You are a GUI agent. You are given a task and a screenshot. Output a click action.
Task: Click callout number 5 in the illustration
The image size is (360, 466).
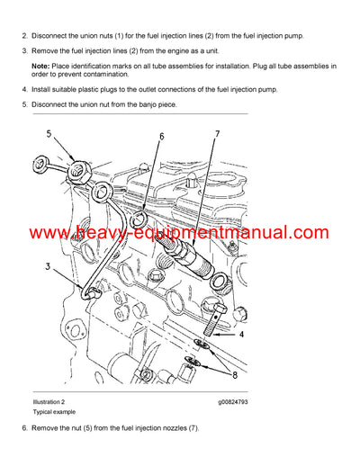49,140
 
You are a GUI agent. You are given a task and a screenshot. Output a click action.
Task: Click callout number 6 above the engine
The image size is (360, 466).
161,137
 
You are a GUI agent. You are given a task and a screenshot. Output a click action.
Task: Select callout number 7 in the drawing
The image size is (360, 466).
216,135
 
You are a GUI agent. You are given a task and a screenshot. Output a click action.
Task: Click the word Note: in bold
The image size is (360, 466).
41,67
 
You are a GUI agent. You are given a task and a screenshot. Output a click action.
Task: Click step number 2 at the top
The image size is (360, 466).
24,35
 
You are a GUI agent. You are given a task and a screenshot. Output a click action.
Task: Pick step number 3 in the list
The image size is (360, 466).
24,50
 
